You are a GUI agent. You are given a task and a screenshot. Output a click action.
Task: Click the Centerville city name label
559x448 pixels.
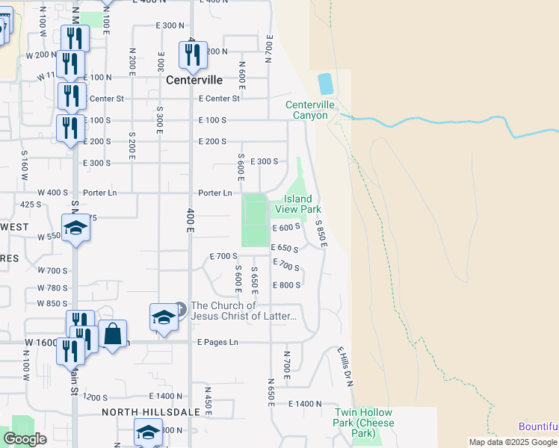pyautogui.click(x=194, y=79)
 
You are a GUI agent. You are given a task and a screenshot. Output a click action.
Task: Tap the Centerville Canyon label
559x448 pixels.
pyautogui.click(x=306, y=111)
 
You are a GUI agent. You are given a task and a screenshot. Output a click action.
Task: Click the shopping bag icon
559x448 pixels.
pyautogui.click(x=112, y=335)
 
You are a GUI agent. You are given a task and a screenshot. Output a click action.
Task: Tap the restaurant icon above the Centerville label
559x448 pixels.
pyautogui.click(x=193, y=55)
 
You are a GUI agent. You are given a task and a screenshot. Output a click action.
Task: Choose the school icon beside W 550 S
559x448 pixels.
pyautogui.click(x=75, y=227)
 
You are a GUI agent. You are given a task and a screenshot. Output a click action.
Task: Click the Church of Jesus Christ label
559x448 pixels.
pyautogui.click(x=244, y=311)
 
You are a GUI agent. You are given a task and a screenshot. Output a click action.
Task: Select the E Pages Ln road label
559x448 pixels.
pyautogui.click(x=217, y=342)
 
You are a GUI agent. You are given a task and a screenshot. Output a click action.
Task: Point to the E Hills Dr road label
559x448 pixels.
pyautogui.click(x=345, y=365)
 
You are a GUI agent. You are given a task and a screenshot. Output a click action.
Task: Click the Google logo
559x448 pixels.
pyautogui.click(x=25, y=439)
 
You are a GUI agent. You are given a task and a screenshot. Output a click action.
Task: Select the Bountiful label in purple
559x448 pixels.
pyautogui.click(x=539, y=426)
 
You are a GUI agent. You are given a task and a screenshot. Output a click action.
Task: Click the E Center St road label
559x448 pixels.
pyautogui.click(x=219, y=99)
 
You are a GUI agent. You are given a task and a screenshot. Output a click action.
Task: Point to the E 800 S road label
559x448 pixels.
pyautogui.click(x=287, y=285)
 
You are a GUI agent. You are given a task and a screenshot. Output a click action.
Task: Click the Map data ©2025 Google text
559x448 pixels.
pyautogui.click(x=513, y=442)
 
